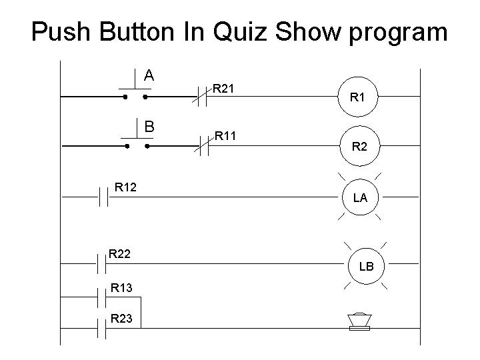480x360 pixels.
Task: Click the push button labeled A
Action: click(135, 91)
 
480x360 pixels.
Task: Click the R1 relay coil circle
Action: click(359, 98)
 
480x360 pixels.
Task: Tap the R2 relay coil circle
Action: click(359, 145)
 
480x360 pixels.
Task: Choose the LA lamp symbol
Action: click(359, 197)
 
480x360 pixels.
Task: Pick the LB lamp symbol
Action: click(366, 267)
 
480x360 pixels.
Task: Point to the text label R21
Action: click(226, 87)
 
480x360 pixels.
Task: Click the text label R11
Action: click(226, 136)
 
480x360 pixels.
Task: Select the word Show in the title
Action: click(314, 31)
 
